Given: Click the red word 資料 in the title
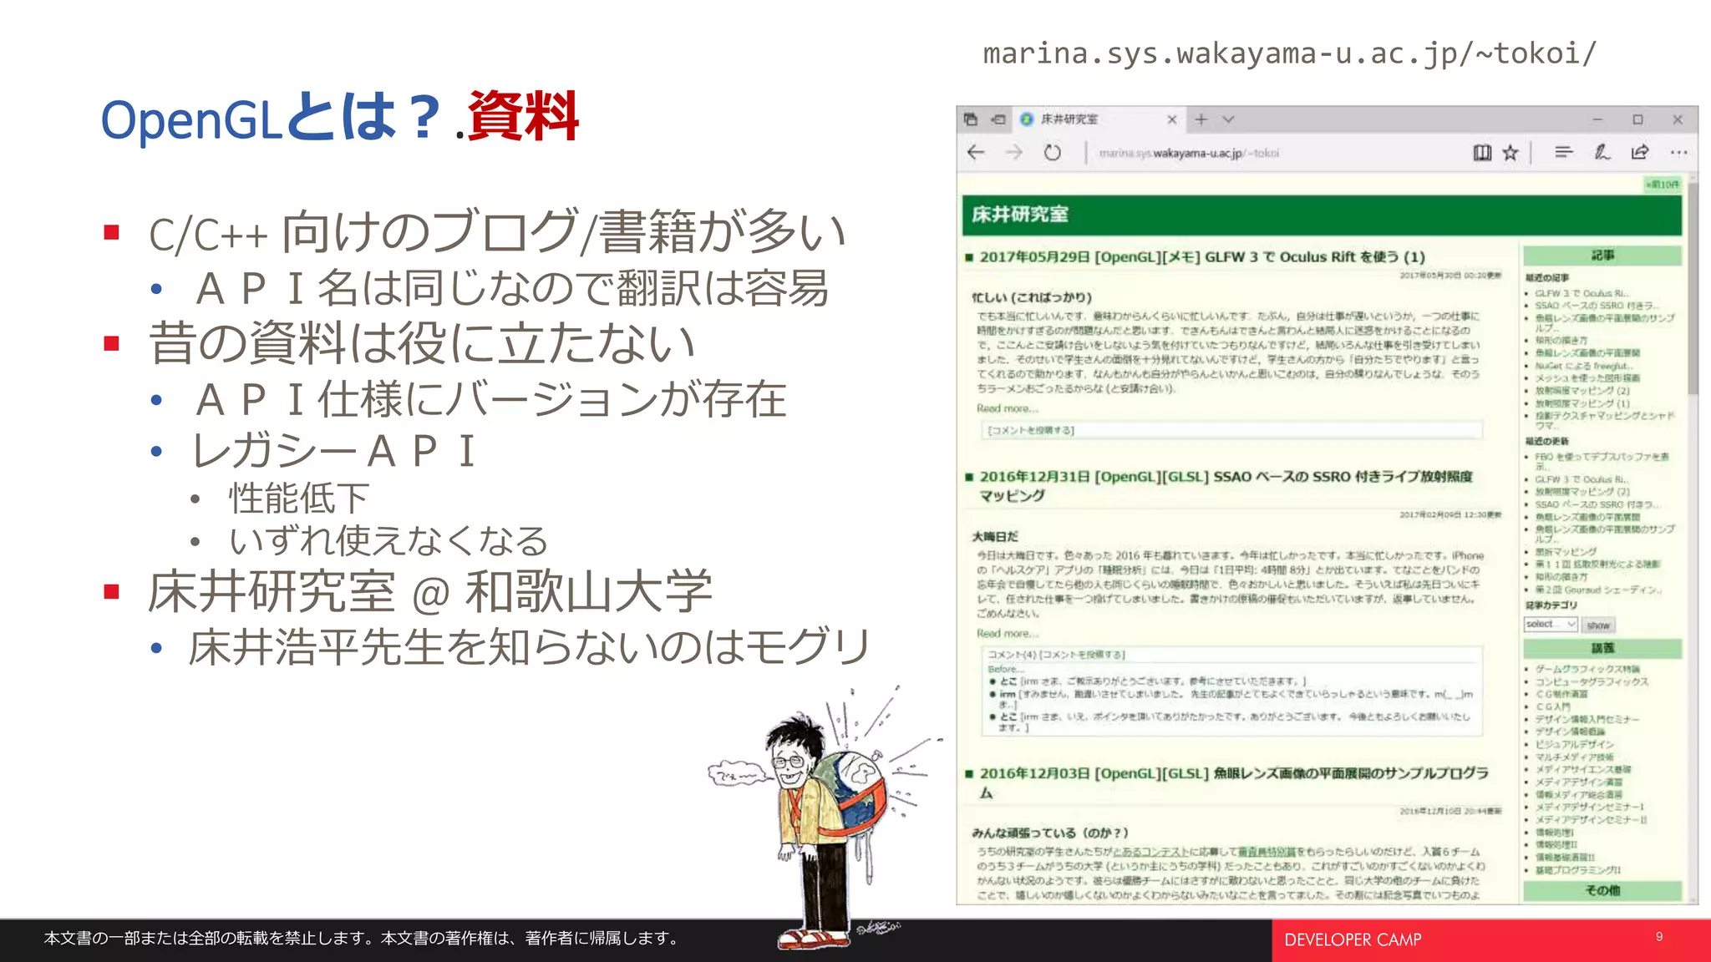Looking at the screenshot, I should coord(523,117).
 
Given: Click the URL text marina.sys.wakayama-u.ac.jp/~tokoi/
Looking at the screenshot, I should coord(1289,53).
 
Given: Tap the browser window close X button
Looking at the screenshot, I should coord(1677,119).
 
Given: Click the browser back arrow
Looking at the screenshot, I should coord(976,152).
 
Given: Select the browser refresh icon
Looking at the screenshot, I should coord(1052,153).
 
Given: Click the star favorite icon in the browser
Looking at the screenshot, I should coord(1510,153).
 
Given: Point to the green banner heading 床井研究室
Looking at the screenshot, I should coord(1020,215).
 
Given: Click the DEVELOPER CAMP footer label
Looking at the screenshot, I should coord(1353,940).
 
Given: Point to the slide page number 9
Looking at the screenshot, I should coord(1659,937).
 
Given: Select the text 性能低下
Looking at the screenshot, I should coord(298,499).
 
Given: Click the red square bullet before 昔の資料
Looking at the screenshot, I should coord(112,343).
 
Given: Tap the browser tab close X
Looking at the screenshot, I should coord(1171,119).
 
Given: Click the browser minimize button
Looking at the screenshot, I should coord(1597,119).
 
